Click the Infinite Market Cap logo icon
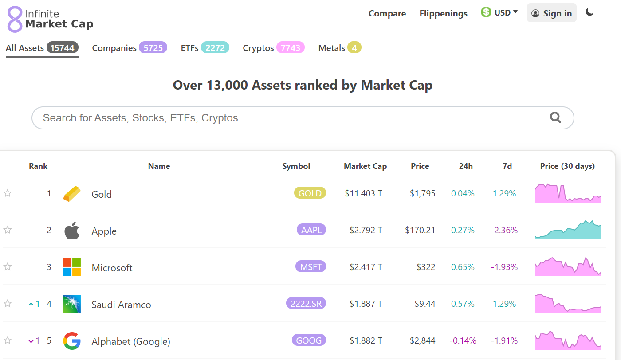point(15,19)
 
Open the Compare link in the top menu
point(387,13)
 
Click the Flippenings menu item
point(443,13)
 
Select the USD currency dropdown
point(499,12)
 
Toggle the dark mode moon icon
point(590,12)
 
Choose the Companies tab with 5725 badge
point(129,48)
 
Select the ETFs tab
point(204,48)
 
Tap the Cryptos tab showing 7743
point(273,48)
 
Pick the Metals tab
point(339,48)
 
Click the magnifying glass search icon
point(555,117)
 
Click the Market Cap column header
point(365,166)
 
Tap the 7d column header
point(507,166)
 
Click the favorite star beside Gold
point(8,193)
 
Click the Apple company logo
point(72,231)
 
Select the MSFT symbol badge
point(310,266)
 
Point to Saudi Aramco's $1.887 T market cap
point(366,304)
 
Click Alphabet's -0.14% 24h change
point(463,340)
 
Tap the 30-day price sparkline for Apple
point(567,230)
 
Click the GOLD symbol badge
point(310,193)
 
